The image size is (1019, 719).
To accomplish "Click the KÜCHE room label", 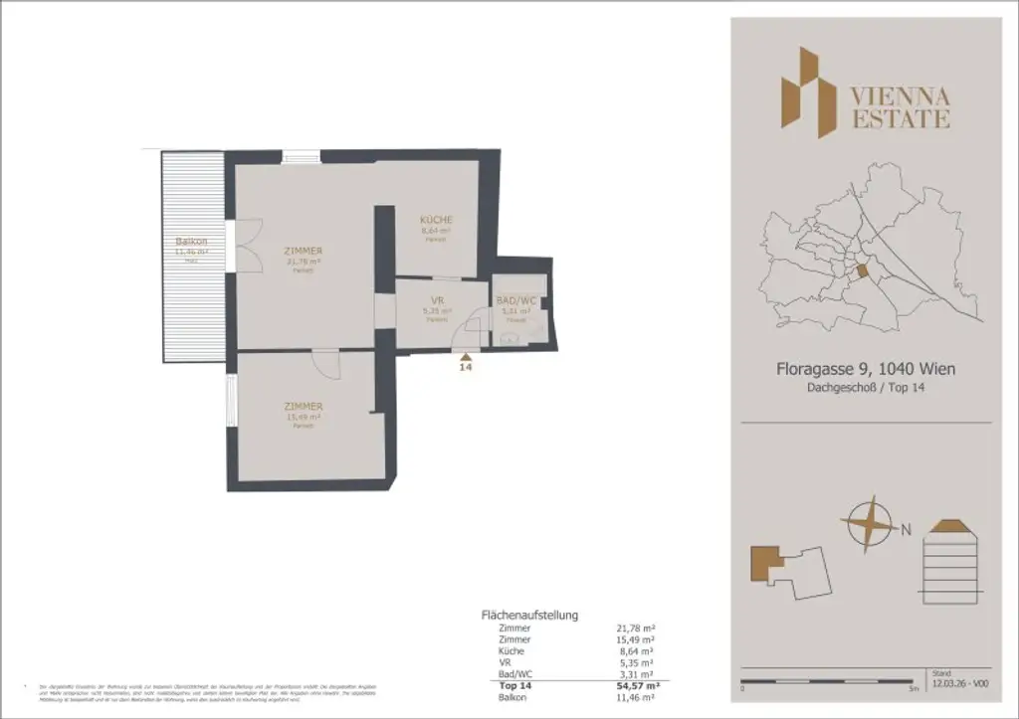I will click(436, 220).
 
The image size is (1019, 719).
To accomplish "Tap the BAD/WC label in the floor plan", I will click(516, 299).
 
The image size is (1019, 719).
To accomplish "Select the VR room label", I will click(436, 299).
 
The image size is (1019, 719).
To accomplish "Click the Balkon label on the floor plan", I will click(191, 242).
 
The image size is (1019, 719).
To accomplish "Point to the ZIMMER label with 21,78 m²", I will click(304, 252).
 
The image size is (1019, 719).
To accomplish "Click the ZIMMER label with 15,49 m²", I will click(304, 407).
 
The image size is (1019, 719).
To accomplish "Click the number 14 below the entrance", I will click(465, 367).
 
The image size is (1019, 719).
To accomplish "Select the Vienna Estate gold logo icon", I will click(807, 91).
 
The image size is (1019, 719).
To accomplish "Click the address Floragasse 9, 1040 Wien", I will click(866, 369).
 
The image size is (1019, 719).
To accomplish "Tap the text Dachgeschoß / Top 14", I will click(866, 389).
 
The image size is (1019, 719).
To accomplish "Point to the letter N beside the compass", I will click(906, 529).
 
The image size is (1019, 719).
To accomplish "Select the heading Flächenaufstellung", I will click(529, 616).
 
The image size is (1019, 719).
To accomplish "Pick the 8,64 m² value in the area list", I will click(636, 651).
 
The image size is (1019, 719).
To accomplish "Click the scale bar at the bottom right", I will click(827, 681).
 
